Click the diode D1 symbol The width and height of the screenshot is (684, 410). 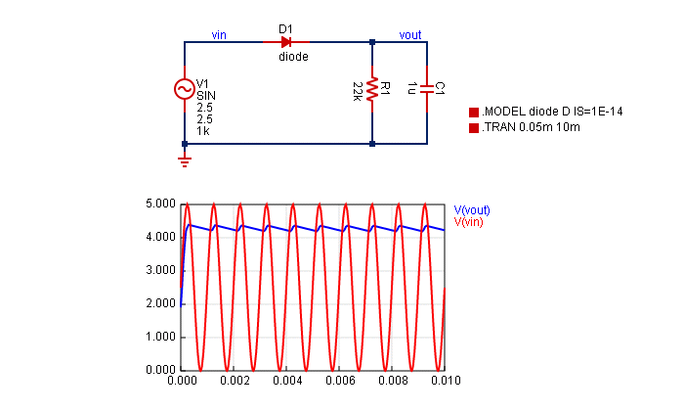click(286, 42)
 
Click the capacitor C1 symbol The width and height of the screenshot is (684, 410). click(428, 89)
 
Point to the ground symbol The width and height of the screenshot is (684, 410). click(185, 159)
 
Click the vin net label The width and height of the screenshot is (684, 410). click(221, 35)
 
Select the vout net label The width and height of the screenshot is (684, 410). click(410, 35)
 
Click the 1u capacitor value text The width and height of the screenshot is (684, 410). click(412, 89)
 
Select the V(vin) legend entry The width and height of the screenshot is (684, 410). click(469, 222)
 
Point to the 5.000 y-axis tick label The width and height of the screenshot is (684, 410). click(159, 205)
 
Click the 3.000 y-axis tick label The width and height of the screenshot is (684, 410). click(159, 271)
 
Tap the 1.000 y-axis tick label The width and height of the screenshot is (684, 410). click(159, 338)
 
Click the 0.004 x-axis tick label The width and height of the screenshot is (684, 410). click(287, 380)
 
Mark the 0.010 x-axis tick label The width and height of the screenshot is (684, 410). click(445, 380)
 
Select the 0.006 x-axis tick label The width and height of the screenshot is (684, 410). click(340, 380)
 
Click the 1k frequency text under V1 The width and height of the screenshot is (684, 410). click(202, 130)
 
